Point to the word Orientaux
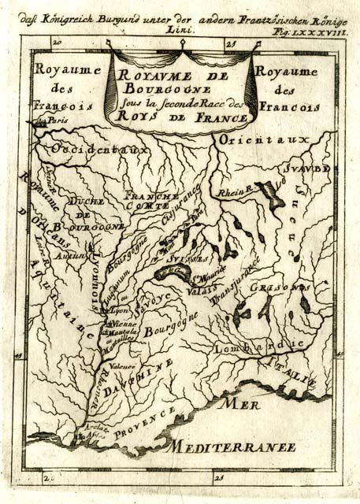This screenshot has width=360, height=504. click(x=261, y=139)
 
